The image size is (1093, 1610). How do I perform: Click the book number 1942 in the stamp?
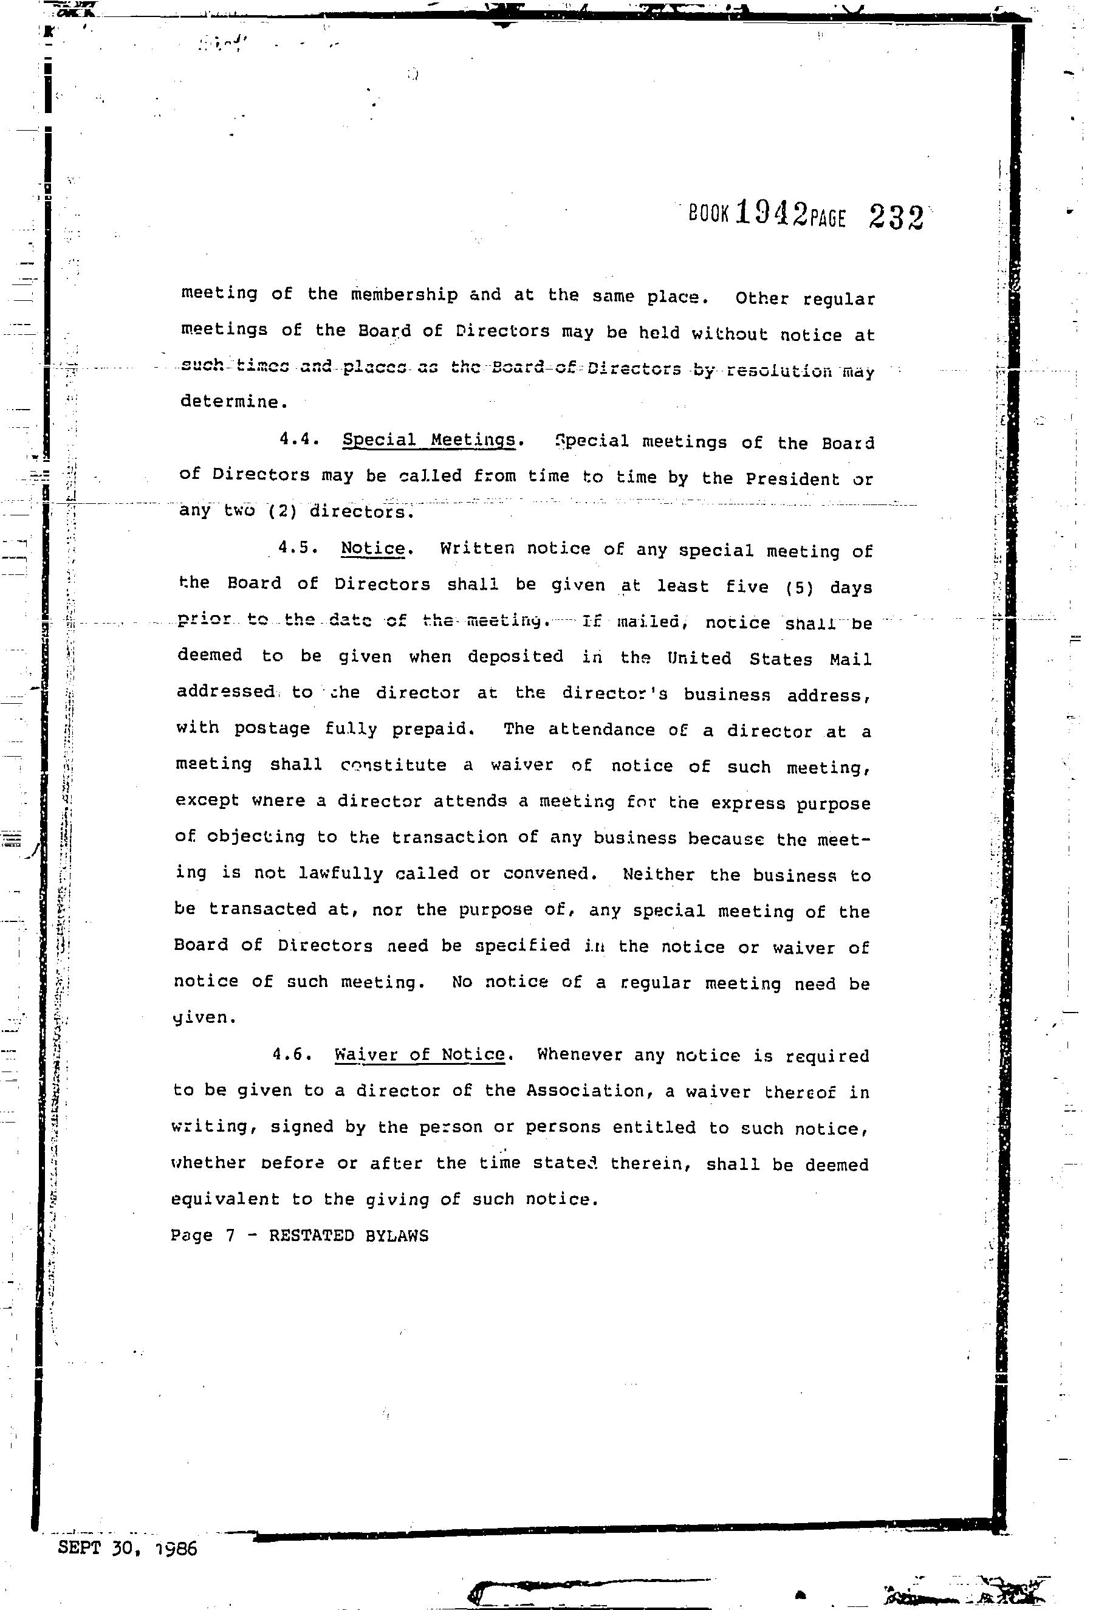coord(771,213)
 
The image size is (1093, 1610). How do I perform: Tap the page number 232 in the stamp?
coord(895,217)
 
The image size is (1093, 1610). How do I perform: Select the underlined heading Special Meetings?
coord(430,440)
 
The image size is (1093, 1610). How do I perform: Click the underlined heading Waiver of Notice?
coord(420,1054)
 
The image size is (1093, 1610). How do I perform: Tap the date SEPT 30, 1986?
coord(128,1549)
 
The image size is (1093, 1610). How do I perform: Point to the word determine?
coord(231,402)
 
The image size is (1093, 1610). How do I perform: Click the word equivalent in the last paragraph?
coord(225,1199)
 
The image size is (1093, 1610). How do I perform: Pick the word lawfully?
coord(341,873)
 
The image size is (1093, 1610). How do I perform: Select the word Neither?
coord(658,874)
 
